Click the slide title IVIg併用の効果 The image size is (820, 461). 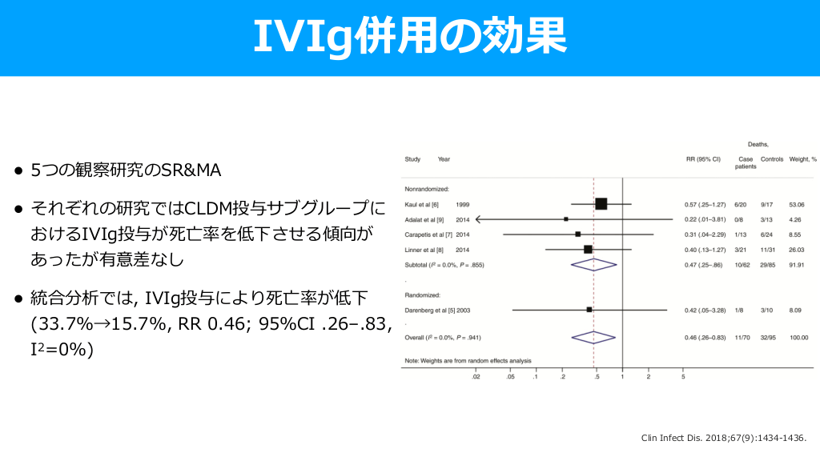[x=410, y=36]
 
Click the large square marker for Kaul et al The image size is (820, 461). [x=601, y=204]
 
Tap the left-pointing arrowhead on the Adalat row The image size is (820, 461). [x=478, y=219]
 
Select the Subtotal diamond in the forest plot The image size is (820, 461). [x=593, y=265]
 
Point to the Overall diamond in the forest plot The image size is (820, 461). [x=593, y=338]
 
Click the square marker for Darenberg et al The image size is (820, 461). [x=589, y=310]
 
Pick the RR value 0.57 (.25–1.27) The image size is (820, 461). [x=705, y=205]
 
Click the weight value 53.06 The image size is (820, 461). [x=797, y=205]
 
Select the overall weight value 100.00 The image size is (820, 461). [x=798, y=338]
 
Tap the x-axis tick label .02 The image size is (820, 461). [x=476, y=377]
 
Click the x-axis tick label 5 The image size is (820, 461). [x=683, y=377]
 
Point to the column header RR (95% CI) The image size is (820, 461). [x=703, y=159]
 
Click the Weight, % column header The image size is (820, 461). [x=802, y=159]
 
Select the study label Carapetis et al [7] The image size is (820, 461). [x=428, y=235]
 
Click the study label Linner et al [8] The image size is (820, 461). [x=424, y=250]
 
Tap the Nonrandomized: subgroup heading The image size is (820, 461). [x=427, y=189]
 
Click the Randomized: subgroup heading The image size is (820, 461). [x=423, y=295]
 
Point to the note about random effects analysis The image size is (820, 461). [x=468, y=361]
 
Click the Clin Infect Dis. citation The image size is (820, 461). [x=724, y=438]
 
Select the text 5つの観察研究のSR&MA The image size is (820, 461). [x=126, y=170]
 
